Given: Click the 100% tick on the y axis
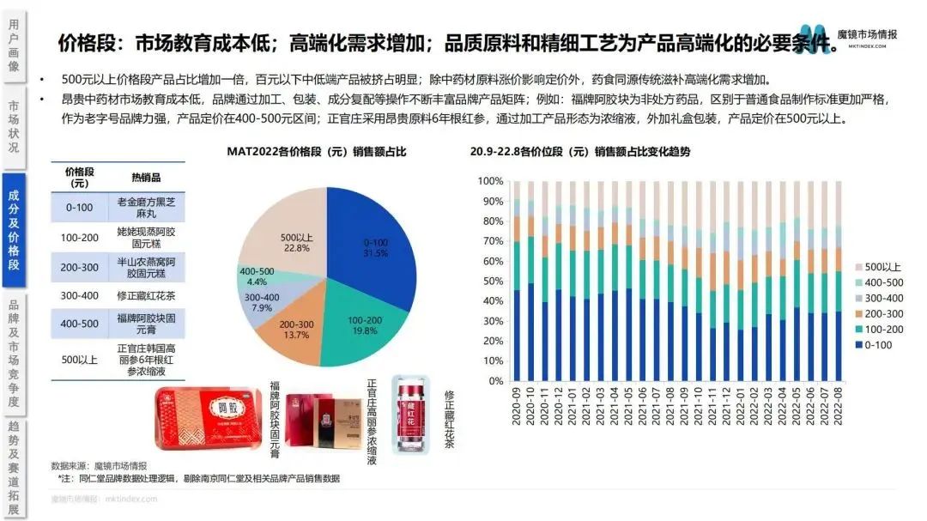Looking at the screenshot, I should (x=490, y=181).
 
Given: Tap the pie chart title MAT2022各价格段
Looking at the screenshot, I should (x=317, y=152).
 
